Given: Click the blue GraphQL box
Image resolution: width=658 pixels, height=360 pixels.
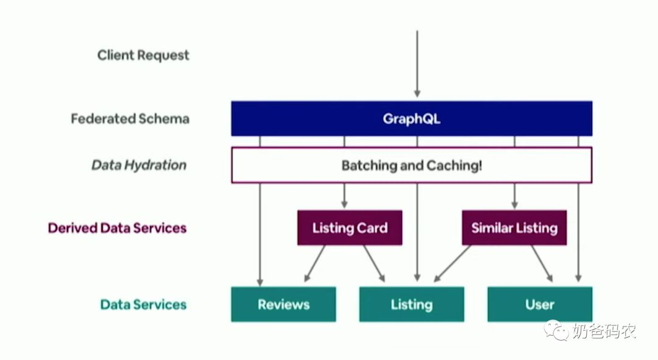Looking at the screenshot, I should [411, 118].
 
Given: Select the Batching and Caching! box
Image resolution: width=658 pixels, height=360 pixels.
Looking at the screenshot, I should [411, 165].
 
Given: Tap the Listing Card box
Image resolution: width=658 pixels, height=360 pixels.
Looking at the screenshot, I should [350, 228].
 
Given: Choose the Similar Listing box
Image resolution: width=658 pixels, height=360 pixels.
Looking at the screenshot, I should [514, 228].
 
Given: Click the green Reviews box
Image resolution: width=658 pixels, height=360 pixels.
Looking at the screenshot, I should [283, 305].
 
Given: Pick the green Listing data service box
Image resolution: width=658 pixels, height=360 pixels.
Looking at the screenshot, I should [411, 305].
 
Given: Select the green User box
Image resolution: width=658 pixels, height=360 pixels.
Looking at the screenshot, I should [540, 305].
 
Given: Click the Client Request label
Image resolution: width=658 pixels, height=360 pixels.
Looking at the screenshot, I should [143, 55].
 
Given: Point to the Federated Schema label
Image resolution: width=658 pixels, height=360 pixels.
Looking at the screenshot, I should [130, 118].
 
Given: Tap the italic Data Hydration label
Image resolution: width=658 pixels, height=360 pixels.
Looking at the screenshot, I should [139, 165].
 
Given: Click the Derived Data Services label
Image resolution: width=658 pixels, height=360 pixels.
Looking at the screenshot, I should [117, 228].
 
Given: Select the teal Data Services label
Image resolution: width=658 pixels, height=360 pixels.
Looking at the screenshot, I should [143, 305].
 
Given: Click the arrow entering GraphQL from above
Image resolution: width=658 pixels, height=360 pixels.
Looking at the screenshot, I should [417, 64].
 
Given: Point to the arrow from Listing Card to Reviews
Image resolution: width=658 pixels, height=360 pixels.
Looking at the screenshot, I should [314, 264].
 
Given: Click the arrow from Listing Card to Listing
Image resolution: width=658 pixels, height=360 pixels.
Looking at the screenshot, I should [374, 264].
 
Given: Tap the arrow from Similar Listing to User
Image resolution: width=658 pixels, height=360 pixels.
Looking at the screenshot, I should [542, 264].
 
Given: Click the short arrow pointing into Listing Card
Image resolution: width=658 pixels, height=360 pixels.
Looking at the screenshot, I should [344, 196].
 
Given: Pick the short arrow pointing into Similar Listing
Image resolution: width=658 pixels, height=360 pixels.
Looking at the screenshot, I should [514, 196].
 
